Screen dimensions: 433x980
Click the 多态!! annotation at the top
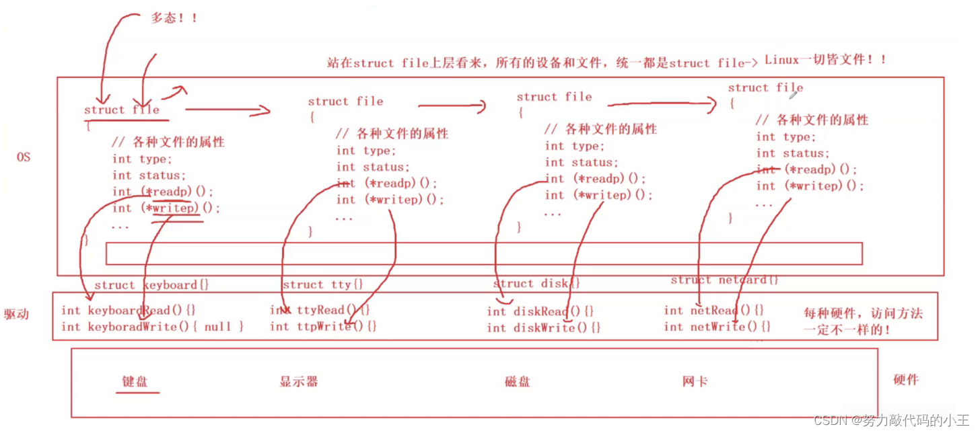(x=174, y=18)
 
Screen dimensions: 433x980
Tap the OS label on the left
(x=24, y=157)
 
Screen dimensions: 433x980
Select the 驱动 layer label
(x=17, y=314)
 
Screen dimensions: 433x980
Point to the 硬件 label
(x=905, y=380)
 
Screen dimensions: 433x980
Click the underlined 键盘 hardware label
(x=135, y=381)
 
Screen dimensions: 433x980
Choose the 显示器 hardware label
(x=298, y=382)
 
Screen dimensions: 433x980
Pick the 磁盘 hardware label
(x=517, y=382)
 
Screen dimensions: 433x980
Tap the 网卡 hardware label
(x=695, y=382)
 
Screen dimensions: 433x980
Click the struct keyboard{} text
(x=151, y=285)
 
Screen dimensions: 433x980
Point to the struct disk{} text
(x=536, y=284)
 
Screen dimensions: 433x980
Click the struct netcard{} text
(x=724, y=280)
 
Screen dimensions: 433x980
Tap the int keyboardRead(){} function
(x=128, y=311)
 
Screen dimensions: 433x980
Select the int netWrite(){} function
(x=717, y=327)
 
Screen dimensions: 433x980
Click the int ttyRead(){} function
(x=320, y=310)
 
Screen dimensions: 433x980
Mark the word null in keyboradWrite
(x=217, y=327)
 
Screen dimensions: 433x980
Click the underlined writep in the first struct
(x=176, y=208)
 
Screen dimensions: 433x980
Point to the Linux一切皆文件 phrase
(x=825, y=60)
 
